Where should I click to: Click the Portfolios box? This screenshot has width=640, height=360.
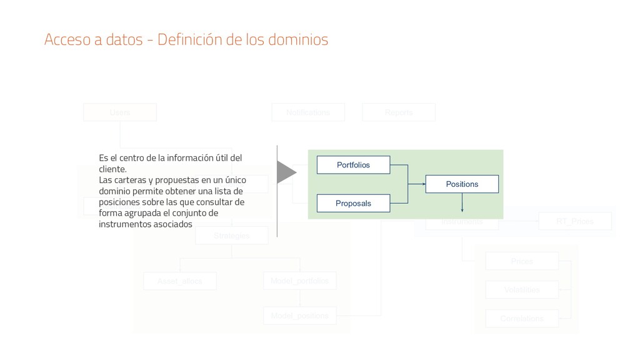point(353,165)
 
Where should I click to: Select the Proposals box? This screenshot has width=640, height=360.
point(353,203)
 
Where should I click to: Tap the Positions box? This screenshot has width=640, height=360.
point(462,184)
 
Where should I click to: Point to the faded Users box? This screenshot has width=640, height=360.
point(120,112)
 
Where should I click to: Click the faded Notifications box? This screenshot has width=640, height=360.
point(308,112)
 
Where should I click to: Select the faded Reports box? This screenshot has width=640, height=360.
point(399,112)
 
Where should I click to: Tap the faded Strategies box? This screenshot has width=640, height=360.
point(231,236)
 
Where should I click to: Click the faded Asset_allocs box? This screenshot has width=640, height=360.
point(180,281)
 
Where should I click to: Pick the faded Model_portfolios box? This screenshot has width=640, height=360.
point(300,281)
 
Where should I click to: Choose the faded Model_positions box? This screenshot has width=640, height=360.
point(300,316)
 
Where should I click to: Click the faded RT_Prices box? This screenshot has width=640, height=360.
point(575,221)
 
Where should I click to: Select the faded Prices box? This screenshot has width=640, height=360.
point(522,261)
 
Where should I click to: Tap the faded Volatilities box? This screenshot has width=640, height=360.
point(522,290)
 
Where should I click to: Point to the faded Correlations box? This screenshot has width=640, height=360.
point(522,319)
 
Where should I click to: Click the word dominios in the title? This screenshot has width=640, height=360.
point(297,40)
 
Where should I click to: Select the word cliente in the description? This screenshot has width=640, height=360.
point(111,169)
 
